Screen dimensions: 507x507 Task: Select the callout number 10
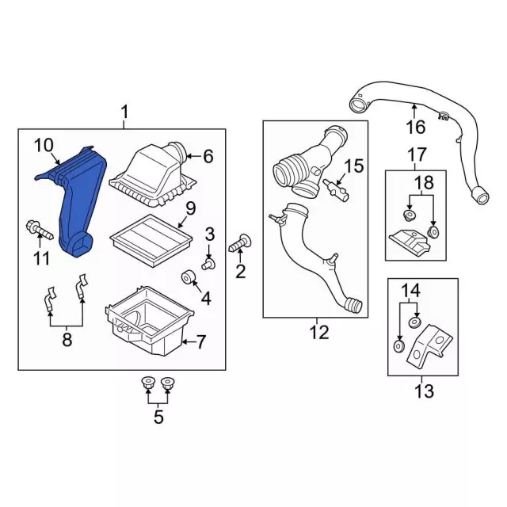[x=44, y=146]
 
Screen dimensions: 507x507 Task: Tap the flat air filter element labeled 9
[x=151, y=239]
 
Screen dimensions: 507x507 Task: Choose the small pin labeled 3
[x=208, y=263]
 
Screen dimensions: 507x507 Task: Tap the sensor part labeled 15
[x=336, y=189]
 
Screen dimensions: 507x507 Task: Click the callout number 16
[x=415, y=127]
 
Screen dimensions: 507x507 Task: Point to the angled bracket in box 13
[x=429, y=347]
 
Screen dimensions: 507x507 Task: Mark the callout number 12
[x=319, y=332]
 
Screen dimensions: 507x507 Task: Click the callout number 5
[x=158, y=417]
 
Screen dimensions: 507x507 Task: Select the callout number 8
[x=67, y=340]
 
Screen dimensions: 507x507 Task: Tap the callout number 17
[x=417, y=154]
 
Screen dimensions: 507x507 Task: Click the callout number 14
[x=410, y=290]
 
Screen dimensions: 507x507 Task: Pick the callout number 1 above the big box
[x=124, y=112]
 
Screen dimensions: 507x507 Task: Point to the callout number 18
[x=424, y=183]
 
